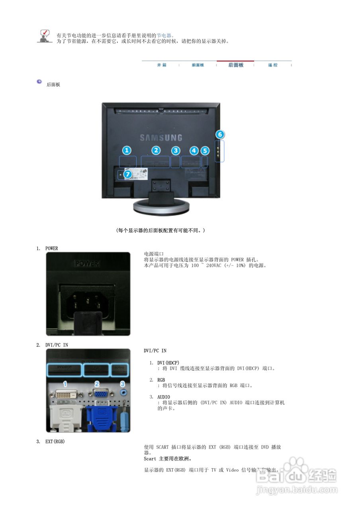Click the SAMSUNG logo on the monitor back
tap(161, 138)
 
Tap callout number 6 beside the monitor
tap(220, 134)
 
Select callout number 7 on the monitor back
tap(127, 174)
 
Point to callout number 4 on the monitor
tap(194, 151)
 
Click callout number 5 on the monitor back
tap(205, 151)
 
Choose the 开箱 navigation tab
tap(161, 65)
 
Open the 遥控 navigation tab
tap(273, 65)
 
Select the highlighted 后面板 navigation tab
tap(236, 65)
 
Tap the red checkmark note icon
tap(45, 35)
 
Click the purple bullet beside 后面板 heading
tap(39, 82)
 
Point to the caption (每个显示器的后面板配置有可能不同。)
tap(160, 230)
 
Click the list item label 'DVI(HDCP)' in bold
tap(168, 363)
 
